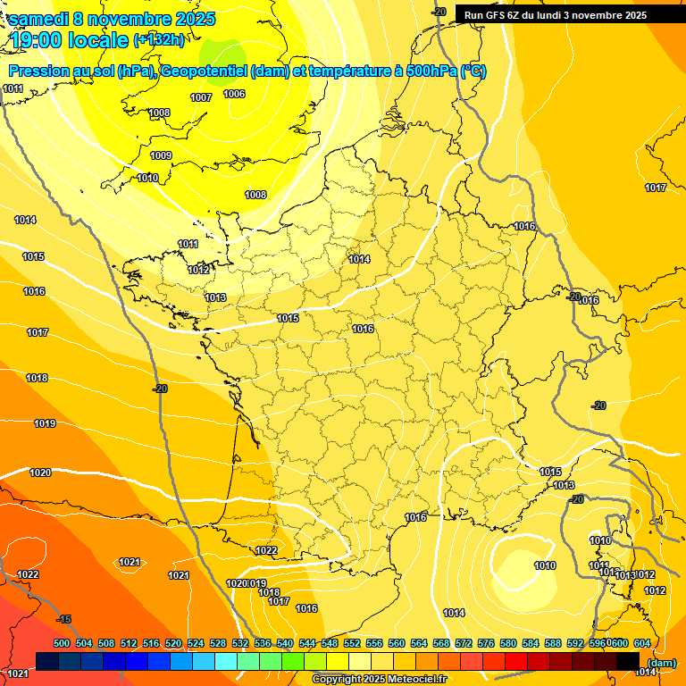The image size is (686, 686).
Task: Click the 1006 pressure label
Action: pos(234,94)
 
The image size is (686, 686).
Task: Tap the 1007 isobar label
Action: pos(201,97)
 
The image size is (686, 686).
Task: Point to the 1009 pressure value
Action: pos(161,156)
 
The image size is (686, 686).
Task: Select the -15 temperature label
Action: pos(63,619)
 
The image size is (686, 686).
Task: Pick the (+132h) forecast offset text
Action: pos(158,40)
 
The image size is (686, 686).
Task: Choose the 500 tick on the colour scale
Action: pos(62,643)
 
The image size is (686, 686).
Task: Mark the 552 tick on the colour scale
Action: pos(352,643)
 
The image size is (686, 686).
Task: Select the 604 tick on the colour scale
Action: pos(641,643)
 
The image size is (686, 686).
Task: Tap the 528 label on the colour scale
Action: pos(218,643)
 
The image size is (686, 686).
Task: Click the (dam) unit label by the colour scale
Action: pos(662,663)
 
